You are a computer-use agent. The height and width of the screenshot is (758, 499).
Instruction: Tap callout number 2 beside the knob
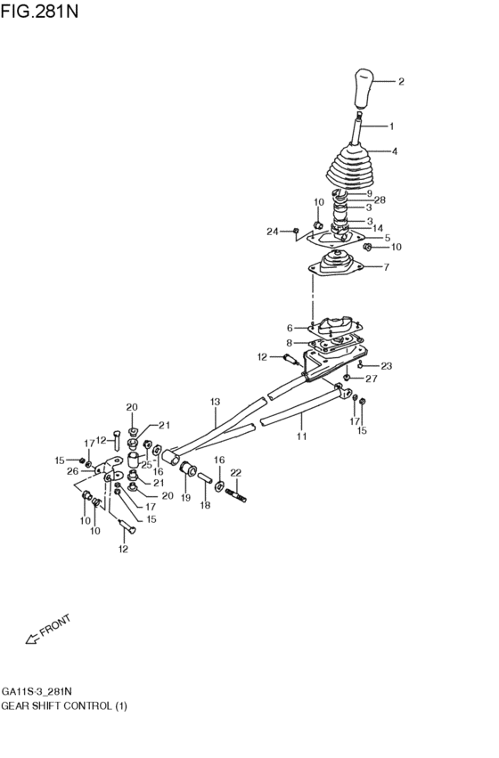[x=401, y=82]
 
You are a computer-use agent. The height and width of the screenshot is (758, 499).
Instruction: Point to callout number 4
[x=395, y=151]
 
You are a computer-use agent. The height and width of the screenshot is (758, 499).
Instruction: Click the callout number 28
[x=380, y=200]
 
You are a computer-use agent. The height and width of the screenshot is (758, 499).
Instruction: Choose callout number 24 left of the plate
[x=272, y=232]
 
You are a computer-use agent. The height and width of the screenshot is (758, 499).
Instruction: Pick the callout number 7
[x=385, y=266]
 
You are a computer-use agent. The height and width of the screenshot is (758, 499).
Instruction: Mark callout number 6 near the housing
[x=290, y=328]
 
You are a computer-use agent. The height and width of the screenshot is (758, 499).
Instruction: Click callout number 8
[x=290, y=343]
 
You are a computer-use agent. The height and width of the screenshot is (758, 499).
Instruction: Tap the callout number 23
[x=387, y=365]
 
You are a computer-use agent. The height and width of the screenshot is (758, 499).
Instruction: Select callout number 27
[x=372, y=379]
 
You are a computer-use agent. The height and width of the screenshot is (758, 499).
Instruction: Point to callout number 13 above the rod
[x=215, y=402]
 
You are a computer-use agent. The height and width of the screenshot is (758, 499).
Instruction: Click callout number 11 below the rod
[x=301, y=437]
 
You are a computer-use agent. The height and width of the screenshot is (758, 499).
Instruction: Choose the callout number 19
[x=186, y=499]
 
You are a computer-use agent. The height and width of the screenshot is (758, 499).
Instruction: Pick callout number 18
[x=205, y=505]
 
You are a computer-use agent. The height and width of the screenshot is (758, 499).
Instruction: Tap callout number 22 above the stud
[x=236, y=472]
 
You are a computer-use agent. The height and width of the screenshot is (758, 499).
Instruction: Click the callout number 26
[x=72, y=471]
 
